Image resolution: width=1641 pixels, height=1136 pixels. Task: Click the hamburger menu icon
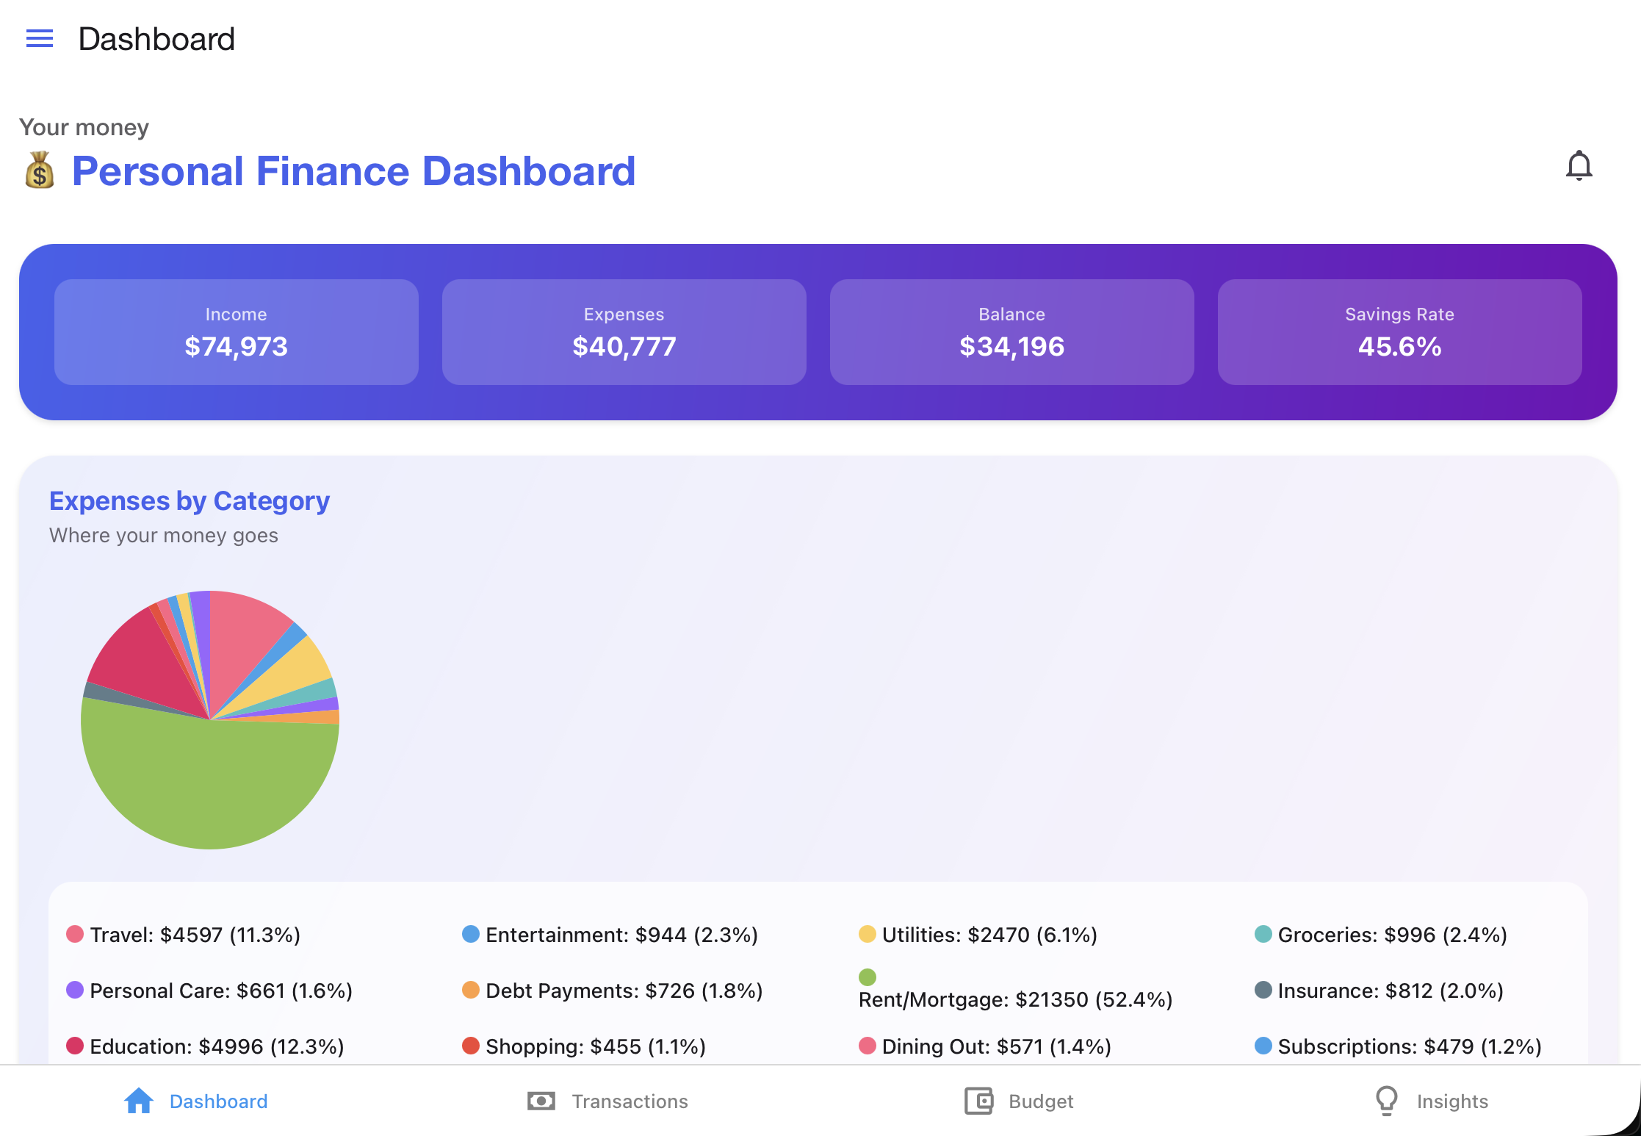pos(40,38)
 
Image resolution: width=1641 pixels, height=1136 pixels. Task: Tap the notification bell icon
pos(1579,166)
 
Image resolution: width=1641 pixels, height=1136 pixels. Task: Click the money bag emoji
pos(40,170)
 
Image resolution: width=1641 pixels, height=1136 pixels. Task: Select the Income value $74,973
pos(236,346)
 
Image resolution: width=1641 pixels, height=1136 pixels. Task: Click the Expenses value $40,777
pos(624,346)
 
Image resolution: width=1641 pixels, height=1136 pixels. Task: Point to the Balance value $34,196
pos(1011,346)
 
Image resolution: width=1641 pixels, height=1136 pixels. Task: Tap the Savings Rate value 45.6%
pos(1399,346)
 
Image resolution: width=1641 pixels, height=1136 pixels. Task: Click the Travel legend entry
pos(184,935)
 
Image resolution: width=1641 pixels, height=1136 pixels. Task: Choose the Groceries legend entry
pos(1381,935)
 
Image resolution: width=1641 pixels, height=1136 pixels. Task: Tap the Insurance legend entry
pos(1379,991)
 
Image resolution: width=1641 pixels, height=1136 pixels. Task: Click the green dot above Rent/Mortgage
pos(868,977)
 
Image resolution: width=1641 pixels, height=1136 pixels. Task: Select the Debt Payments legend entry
pos(613,991)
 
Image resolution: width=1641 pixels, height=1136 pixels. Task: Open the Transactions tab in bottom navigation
pos(607,1101)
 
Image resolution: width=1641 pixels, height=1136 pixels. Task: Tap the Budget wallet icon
pos(978,1101)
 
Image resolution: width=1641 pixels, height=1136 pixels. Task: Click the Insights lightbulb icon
pos(1386,1101)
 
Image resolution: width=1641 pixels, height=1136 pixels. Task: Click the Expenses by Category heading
pos(190,501)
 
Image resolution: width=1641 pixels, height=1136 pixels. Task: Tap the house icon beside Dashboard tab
pos(139,1101)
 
